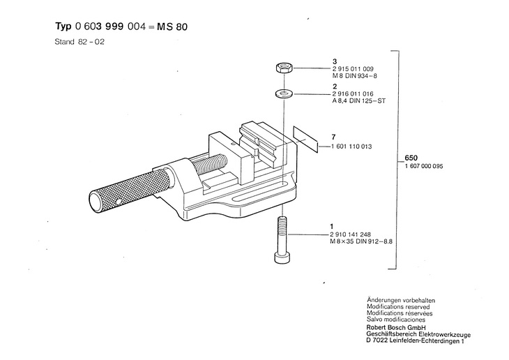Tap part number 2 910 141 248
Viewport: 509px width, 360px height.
(x=354, y=234)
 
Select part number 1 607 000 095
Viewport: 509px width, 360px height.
(x=424, y=166)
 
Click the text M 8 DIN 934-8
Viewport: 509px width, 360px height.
(x=356, y=77)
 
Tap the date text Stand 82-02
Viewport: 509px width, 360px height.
(x=79, y=42)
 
